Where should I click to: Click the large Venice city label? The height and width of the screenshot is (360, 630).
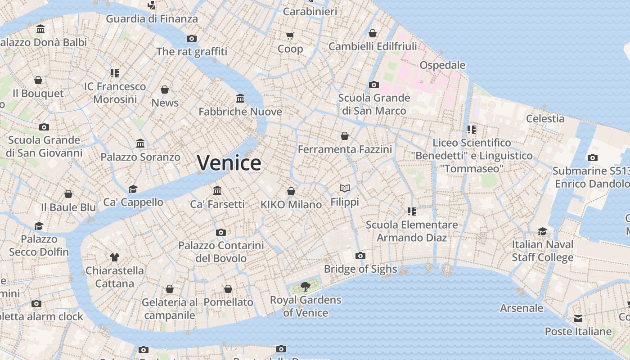pos(229,162)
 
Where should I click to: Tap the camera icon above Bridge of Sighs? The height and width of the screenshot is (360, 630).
pos(360,256)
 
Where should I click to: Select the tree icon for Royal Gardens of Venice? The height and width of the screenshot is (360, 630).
pos(306,286)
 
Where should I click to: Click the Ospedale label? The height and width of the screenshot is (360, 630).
pos(442,65)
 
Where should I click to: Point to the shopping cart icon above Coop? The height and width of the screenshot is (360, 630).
pos(290,36)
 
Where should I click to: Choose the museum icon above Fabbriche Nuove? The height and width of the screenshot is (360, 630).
pos(240,99)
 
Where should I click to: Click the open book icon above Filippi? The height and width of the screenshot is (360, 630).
pos(345,189)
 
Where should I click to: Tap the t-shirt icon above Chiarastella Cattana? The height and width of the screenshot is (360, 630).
pos(115,257)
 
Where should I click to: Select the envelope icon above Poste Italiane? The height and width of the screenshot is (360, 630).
pos(578,319)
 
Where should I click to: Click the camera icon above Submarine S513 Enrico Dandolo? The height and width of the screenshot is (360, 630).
pos(592,158)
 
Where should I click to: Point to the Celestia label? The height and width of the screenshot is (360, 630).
pos(545,119)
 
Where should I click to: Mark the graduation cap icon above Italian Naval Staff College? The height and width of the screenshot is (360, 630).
pos(543,231)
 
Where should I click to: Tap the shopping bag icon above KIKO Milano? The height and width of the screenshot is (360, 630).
pos(291,191)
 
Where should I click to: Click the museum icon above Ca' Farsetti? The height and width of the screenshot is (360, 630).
pos(217,191)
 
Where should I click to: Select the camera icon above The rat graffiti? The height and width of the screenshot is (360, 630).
pos(192,39)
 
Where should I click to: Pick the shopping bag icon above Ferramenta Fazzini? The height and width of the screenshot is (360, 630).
pos(345,136)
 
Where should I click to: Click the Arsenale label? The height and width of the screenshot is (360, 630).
pos(522,308)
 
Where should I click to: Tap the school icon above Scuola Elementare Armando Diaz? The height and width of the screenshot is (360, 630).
pos(411,211)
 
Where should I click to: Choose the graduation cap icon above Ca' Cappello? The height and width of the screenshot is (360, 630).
pos(133,189)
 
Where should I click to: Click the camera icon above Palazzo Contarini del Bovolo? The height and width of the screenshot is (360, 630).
pos(220,233)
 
